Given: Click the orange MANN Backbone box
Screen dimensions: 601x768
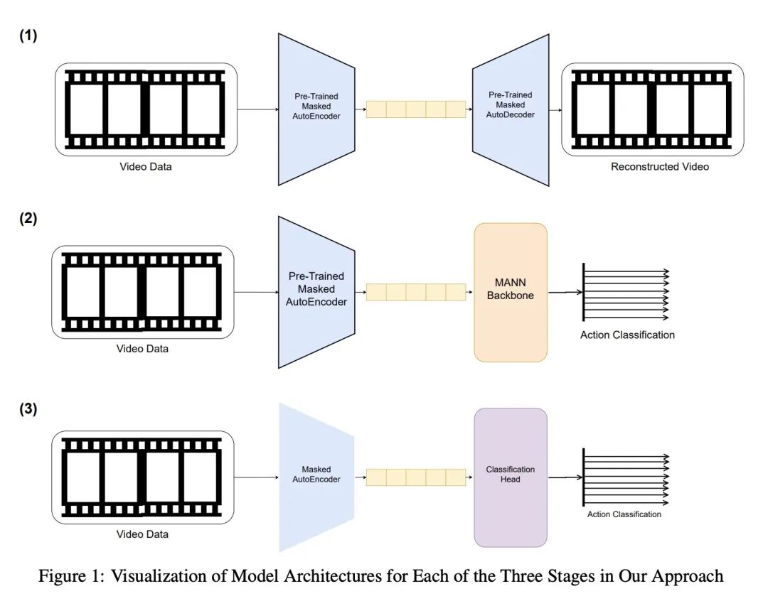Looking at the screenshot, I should click(511, 293).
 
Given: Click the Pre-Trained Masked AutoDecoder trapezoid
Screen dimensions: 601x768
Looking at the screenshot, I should click(511, 109).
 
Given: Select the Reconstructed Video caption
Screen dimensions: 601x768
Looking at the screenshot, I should click(660, 167).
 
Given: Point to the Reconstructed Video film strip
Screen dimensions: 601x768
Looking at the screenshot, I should click(653, 109).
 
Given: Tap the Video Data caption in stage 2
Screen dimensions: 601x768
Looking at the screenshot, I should click(143, 349).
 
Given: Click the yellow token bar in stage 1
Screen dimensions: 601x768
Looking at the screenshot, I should click(416, 109).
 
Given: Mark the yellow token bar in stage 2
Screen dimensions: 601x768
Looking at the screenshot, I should click(416, 292).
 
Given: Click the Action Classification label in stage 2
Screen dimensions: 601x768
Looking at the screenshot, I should click(627, 335).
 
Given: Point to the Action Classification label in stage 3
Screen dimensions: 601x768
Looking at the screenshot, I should click(624, 514).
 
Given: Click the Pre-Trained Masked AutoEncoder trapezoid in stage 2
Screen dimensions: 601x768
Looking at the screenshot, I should click(316, 292).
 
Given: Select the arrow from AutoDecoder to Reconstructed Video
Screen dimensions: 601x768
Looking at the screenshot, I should click(555, 110).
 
